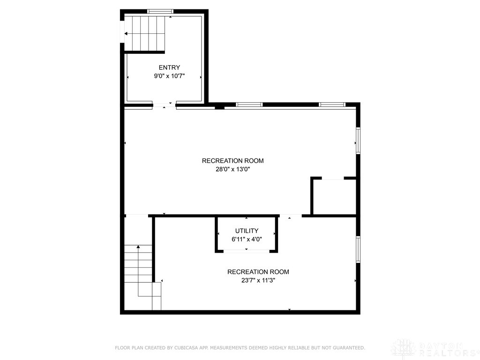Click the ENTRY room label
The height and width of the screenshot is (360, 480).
pos(169,67)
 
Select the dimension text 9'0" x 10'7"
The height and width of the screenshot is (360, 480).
pos(169,76)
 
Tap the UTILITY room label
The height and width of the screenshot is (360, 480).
pos(247,231)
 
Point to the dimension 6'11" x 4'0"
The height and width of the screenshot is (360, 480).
pos(247,239)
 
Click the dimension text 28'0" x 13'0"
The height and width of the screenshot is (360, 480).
pos(232,169)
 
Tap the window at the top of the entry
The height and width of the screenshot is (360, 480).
pos(160,11)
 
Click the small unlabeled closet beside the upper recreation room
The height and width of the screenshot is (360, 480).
pos(334,197)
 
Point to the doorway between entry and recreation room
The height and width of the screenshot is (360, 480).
pos(164,105)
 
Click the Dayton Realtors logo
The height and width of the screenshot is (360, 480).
pos(434,348)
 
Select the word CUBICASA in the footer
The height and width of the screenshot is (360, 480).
pos(186,348)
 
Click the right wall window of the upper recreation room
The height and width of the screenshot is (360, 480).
pos(358,141)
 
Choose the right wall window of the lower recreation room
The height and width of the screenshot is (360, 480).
pos(358,250)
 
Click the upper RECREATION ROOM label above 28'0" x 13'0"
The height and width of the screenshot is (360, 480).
pos(232,161)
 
